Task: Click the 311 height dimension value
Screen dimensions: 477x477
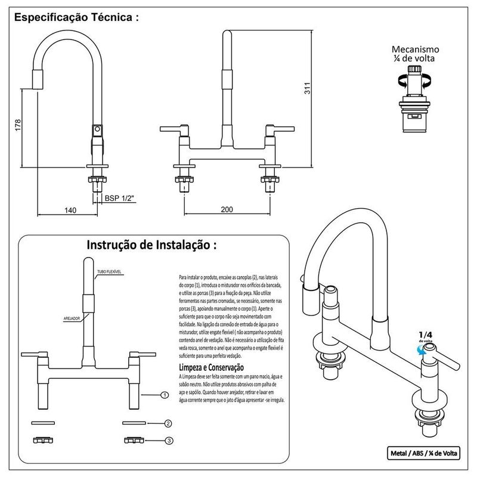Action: pos(306,89)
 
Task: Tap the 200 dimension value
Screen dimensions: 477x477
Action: pos(227,209)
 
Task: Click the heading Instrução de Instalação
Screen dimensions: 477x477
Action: pos(152,245)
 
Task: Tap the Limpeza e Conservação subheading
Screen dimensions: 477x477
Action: pos(215,367)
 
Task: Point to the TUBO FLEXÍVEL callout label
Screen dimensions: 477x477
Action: pos(109,272)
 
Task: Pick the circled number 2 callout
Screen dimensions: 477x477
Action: pos(168,423)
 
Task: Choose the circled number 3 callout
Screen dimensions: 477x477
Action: pos(169,441)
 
